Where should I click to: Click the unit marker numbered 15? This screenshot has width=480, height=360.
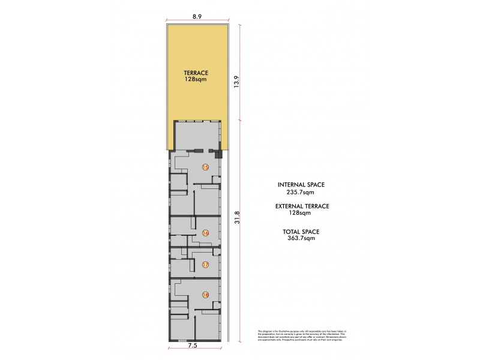pyautogui.click(x=205, y=167)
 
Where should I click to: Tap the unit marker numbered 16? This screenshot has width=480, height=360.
pyautogui.click(x=205, y=233)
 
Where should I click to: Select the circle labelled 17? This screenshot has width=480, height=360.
pyautogui.click(x=205, y=265)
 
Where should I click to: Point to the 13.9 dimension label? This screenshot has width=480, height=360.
pyautogui.click(x=238, y=82)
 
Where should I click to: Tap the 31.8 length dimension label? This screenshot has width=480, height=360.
pyautogui.click(x=238, y=217)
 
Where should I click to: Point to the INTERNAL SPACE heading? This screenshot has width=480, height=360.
pyautogui.click(x=302, y=185)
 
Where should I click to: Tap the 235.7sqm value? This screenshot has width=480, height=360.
pyautogui.click(x=302, y=193)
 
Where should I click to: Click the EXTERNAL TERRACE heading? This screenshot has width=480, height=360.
pyautogui.click(x=302, y=206)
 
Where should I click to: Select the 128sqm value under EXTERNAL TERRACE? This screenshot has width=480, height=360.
pyautogui.click(x=302, y=213)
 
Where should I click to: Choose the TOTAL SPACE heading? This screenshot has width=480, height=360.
pyautogui.click(x=302, y=231)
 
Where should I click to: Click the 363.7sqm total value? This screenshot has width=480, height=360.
pyautogui.click(x=302, y=238)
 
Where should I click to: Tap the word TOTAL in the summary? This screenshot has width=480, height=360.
pyautogui.click(x=292, y=231)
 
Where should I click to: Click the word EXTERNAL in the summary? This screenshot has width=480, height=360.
pyautogui.click(x=289, y=206)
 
